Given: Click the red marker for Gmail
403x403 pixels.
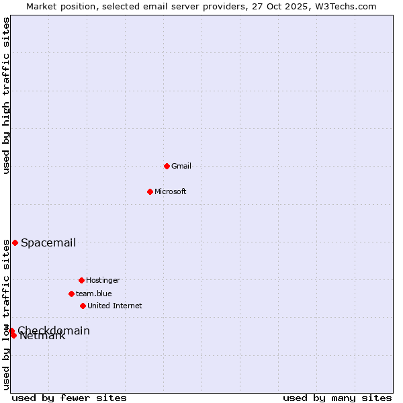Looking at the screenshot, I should pos(167,166).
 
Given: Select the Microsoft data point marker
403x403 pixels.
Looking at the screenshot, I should pos(150,191).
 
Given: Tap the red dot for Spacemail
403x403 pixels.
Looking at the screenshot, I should pos(15,242).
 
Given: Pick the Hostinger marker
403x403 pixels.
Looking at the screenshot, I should pos(81,280).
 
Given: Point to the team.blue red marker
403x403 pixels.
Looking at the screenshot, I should pos(71,294).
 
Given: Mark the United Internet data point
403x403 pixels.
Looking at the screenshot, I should pos(83,306).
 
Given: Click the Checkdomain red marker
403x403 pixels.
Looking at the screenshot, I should pos(11,330).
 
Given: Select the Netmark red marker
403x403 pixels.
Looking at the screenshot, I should pos(13,335).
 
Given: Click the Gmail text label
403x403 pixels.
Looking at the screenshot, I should pos(181,166).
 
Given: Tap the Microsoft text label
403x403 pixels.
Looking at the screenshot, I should pos(171,191).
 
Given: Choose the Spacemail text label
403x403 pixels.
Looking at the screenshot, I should pos(48,242).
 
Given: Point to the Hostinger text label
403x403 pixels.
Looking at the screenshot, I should pos(103,280).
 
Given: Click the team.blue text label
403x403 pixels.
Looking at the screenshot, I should pos(94,294).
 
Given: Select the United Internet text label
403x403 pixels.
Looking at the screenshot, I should pos(115,306).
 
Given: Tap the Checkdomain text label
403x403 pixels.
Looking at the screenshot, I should pos(54,330).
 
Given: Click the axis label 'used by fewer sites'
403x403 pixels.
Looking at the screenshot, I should pos(69,398).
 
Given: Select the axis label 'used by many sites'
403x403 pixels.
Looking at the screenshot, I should pos(337,398).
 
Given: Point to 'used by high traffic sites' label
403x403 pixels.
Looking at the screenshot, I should pos(7,95).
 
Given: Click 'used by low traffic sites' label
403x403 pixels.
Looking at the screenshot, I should pos(7,314).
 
